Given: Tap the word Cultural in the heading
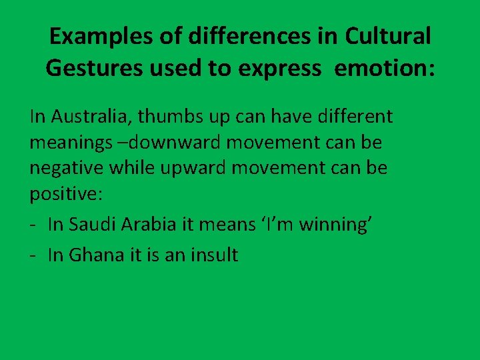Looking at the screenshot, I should [387, 36].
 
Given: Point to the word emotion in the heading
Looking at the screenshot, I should [383, 68].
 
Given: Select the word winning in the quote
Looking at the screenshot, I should [336, 225].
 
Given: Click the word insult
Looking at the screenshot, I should [213, 255].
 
